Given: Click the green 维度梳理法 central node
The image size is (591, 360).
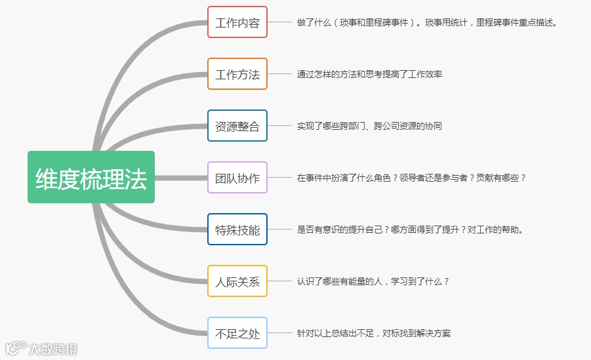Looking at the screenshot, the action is pyautogui.click(x=91, y=177).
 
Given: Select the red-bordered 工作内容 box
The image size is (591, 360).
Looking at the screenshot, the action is pyautogui.click(x=237, y=22).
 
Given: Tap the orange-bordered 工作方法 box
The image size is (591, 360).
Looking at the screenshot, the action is pyautogui.click(x=237, y=74).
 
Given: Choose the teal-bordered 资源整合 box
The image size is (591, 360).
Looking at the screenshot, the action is pyautogui.click(x=237, y=126).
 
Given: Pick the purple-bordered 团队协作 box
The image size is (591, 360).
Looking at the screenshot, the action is pyautogui.click(x=237, y=178).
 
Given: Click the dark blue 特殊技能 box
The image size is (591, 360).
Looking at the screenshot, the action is pyautogui.click(x=237, y=230).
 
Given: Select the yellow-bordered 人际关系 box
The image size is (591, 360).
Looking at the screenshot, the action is pyautogui.click(x=237, y=281).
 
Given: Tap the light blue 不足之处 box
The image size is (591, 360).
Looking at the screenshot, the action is pyautogui.click(x=237, y=333).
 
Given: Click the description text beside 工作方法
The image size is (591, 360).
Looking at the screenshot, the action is pyautogui.click(x=369, y=74).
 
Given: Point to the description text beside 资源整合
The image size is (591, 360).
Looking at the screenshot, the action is pyautogui.click(x=369, y=126).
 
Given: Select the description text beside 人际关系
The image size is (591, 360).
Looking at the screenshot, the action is pyautogui.click(x=373, y=281).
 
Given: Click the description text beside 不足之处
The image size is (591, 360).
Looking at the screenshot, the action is pyautogui.click(x=373, y=333).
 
